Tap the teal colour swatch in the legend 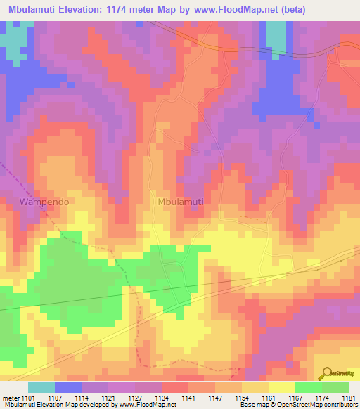point(41,387)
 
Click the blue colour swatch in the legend point(67,387)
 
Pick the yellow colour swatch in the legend point(281,387)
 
